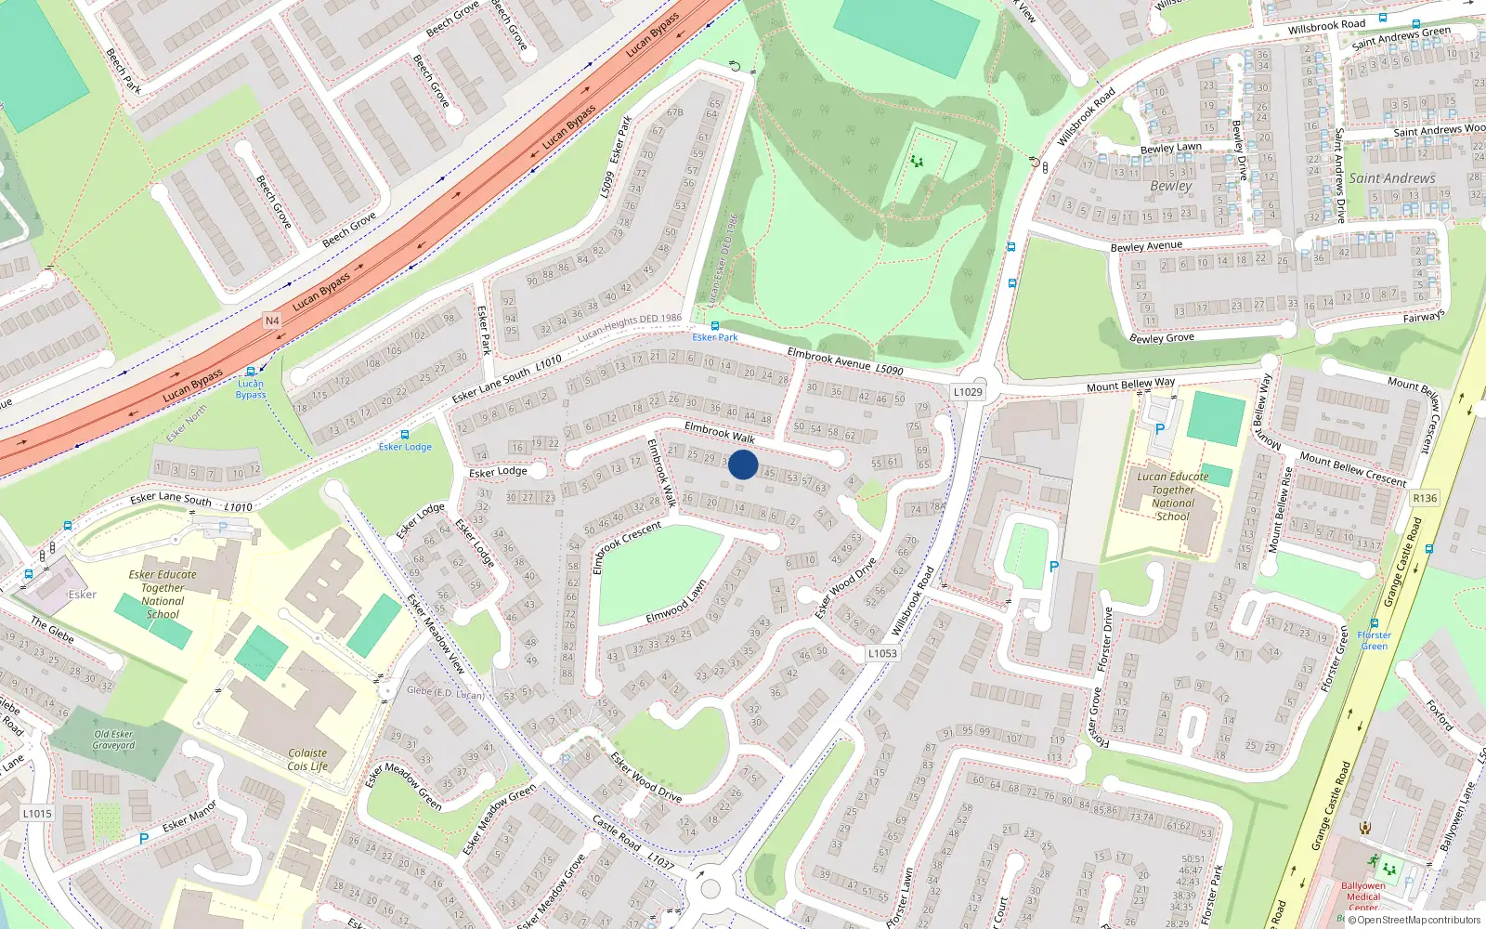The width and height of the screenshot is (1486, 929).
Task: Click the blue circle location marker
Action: pyautogui.click(x=743, y=464)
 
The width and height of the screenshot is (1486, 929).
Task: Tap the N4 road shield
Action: pyautogui.click(x=272, y=321)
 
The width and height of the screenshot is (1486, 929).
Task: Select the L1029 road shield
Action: pyautogui.click(x=968, y=392)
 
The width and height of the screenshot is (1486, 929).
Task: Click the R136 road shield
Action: pyautogui.click(x=1425, y=498)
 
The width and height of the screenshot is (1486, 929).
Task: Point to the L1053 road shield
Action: pyautogui.click(x=882, y=653)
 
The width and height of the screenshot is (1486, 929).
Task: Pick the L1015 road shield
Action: pyautogui.click(x=37, y=813)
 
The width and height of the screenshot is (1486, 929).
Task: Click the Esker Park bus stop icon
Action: pyautogui.click(x=715, y=326)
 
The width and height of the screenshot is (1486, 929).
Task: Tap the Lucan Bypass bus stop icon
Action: pyautogui.click(x=250, y=372)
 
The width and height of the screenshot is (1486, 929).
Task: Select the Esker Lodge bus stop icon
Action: pyautogui.click(x=405, y=435)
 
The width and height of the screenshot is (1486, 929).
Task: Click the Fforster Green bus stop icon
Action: pyautogui.click(x=1374, y=624)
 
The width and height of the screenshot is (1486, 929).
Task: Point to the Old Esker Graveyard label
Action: pyautogui.click(x=113, y=739)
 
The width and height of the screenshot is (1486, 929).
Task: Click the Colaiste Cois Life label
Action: pyautogui.click(x=307, y=760)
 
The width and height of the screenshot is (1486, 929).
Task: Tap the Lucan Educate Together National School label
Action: pyautogui.click(x=1173, y=496)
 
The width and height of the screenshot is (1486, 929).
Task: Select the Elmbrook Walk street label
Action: pyautogui.click(x=720, y=432)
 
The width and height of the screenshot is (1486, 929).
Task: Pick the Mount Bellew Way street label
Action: pyautogui.click(x=1130, y=385)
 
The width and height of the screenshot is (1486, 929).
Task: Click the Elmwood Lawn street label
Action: pyautogui.click(x=676, y=602)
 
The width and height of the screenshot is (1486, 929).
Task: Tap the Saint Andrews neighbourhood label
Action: pyautogui.click(x=1391, y=178)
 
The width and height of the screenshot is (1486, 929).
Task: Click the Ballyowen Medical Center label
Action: pyautogui.click(x=1362, y=896)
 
